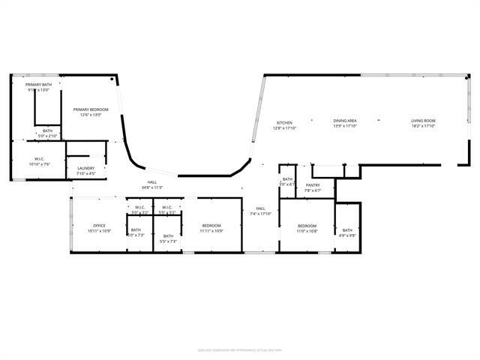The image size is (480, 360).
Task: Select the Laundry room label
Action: click(85, 168)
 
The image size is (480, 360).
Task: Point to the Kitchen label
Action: click(284, 122)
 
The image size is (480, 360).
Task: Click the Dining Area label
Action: click(345, 121)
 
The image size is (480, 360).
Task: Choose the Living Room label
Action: click(424, 121)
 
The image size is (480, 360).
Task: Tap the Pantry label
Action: click(313, 184)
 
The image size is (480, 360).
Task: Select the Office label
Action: click(99, 225)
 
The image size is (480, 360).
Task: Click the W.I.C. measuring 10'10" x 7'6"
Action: click(40, 158)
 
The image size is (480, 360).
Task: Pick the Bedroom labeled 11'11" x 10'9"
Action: click(211, 225)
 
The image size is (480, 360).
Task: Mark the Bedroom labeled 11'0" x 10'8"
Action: click(307, 225)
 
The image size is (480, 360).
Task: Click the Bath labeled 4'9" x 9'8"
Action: click(347, 230)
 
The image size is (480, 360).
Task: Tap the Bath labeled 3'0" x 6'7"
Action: click(287, 178)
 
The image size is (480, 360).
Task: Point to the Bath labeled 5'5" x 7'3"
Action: click(168, 235)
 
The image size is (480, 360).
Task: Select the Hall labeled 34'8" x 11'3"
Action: click(151, 182)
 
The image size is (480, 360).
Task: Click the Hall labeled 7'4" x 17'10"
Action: click(260, 208)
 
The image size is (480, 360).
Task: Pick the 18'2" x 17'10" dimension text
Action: click(424, 126)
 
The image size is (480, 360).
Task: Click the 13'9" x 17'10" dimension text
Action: click(345, 126)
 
